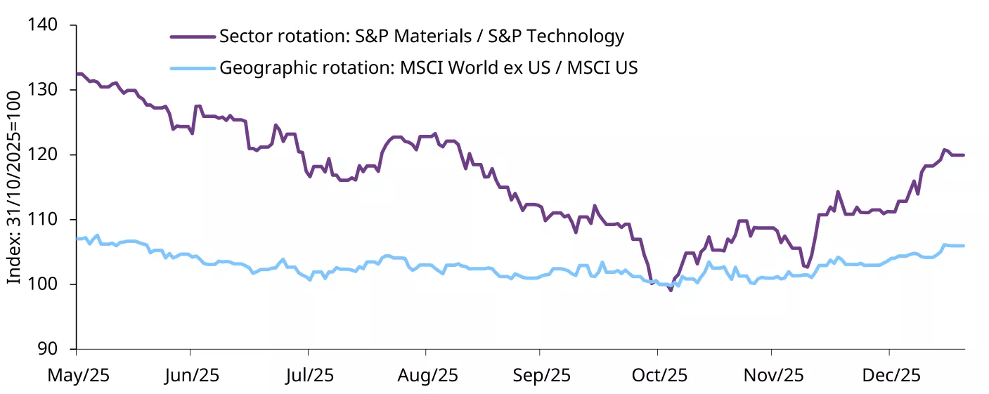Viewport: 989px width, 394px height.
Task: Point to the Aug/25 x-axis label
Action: [427, 376]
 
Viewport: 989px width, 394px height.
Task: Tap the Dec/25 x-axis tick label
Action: [890, 376]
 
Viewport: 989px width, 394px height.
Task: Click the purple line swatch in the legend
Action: [192, 36]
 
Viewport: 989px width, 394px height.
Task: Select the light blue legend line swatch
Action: [192, 68]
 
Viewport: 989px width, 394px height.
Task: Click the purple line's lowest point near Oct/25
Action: [671, 290]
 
